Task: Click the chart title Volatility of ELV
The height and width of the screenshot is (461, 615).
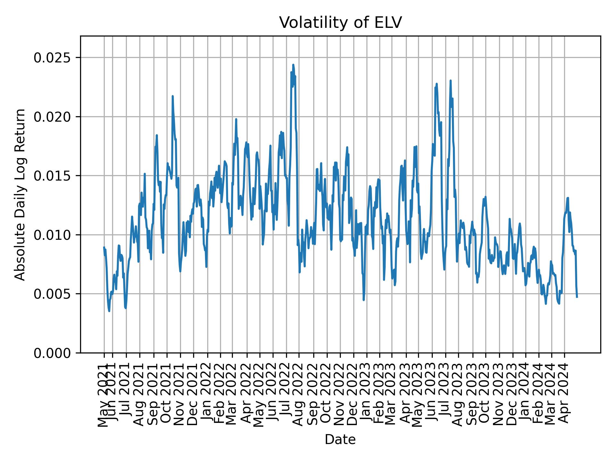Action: click(x=340, y=23)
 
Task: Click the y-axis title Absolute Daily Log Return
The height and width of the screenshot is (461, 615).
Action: click(x=20, y=194)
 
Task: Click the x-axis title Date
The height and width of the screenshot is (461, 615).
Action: click(x=340, y=440)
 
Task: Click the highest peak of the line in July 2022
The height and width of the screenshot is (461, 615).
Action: click(x=293, y=65)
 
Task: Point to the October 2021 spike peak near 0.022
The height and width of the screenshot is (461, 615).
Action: click(x=172, y=96)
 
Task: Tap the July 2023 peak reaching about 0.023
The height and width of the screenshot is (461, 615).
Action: click(x=450, y=81)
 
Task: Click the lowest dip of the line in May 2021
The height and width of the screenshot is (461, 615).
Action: click(x=109, y=311)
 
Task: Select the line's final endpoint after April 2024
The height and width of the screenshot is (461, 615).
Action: click(x=577, y=297)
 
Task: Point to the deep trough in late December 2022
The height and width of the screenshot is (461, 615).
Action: click(x=364, y=300)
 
